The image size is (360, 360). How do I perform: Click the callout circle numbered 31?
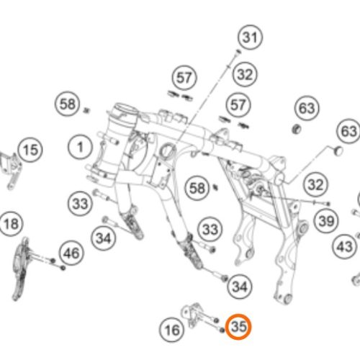point(251,37)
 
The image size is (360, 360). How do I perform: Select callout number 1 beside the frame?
point(80,147)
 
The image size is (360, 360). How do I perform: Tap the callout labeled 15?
point(30,150)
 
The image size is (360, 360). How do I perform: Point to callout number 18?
point(12,224)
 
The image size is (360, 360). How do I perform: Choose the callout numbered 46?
point(71,253)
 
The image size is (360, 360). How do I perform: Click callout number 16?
point(172,330)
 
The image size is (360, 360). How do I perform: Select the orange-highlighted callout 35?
point(238,327)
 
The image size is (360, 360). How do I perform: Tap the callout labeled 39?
point(326,221)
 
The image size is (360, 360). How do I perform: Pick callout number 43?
point(345,246)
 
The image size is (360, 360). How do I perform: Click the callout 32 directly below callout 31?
point(245,74)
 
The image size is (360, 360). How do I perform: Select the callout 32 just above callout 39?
point(315,185)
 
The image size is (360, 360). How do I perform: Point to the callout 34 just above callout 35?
point(240,287)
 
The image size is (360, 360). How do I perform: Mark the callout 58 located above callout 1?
point(68,104)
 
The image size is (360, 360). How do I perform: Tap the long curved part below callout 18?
point(19,269)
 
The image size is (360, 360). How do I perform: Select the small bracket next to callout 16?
point(192,314)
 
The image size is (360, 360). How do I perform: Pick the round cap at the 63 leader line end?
point(338,150)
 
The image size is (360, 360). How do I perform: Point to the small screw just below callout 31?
point(238,52)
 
